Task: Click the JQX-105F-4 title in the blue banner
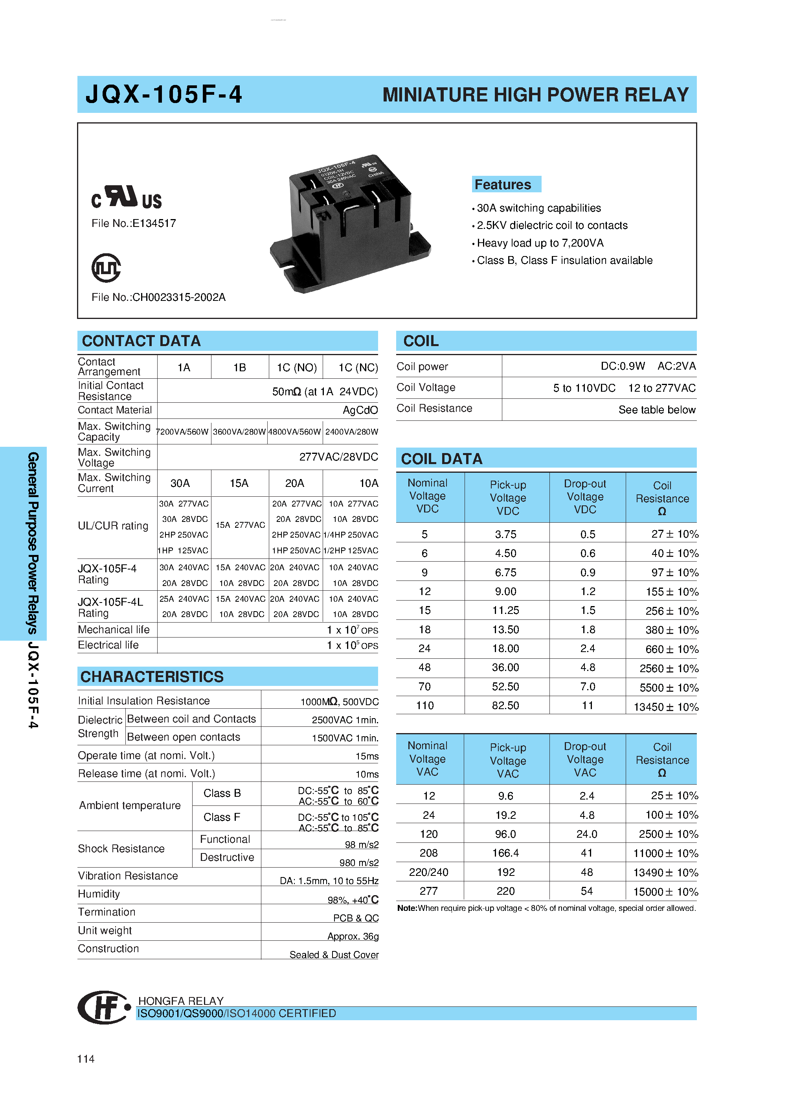coord(164,94)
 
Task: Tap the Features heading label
coord(503,184)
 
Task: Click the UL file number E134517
coord(134,223)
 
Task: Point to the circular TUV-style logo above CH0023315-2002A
coord(106,268)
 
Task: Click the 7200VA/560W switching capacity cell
coord(183,432)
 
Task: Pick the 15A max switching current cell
coord(239,483)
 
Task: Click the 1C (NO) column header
coord(296,367)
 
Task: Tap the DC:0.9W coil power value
coord(622,366)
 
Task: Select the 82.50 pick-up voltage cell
coord(505,705)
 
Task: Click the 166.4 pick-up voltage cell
coord(505,853)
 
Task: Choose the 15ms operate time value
coord(367,756)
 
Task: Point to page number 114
coord(86,1059)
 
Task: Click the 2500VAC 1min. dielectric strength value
coord(345,720)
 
